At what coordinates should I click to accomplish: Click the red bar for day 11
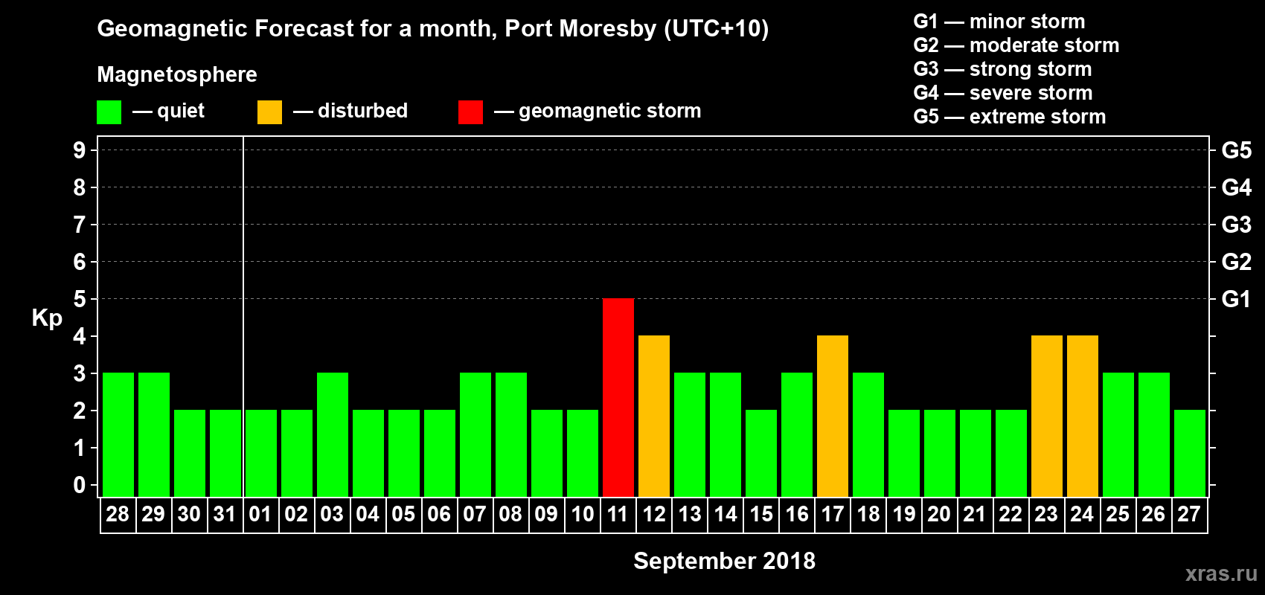click(618, 397)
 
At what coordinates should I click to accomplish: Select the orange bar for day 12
click(654, 416)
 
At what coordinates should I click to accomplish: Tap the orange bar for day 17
click(833, 416)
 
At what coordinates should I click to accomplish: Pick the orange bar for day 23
click(1047, 416)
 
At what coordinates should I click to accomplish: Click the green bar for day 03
click(333, 434)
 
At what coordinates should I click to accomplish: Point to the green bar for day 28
click(118, 434)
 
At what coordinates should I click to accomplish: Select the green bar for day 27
click(1190, 453)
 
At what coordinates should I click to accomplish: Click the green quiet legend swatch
click(109, 112)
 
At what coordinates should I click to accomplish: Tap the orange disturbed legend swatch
click(269, 112)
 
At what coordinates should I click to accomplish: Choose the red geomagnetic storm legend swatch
click(470, 112)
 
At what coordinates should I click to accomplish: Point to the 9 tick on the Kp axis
click(80, 150)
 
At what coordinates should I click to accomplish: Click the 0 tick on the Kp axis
click(80, 486)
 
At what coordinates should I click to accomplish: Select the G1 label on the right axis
click(1236, 299)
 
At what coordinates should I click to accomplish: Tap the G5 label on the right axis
click(1236, 150)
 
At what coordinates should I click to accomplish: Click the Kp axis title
click(47, 318)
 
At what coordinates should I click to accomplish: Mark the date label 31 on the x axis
click(225, 514)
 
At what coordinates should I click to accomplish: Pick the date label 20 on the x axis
click(939, 514)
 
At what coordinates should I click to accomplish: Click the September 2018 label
click(724, 561)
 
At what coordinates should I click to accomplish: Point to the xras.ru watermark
click(1221, 573)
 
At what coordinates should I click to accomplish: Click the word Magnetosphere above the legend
click(177, 74)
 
